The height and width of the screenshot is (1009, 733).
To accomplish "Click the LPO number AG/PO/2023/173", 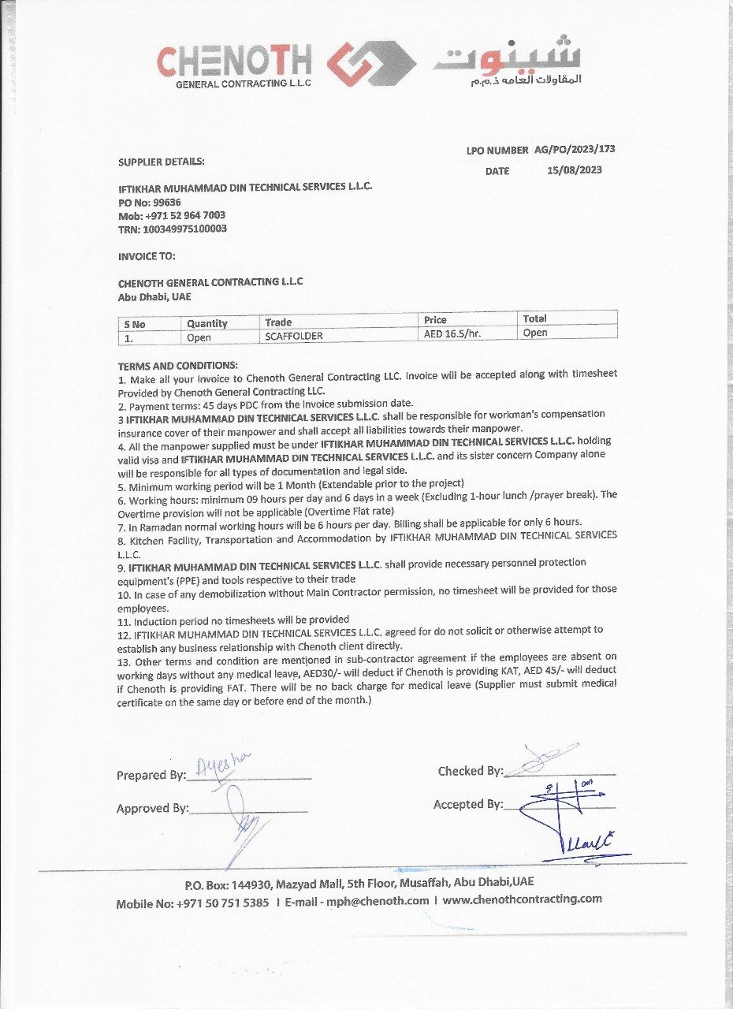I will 575,150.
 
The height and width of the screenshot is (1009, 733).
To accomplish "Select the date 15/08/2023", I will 574,170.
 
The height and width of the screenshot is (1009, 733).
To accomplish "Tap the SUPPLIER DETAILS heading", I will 161,162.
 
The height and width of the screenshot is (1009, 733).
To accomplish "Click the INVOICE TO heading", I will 147,256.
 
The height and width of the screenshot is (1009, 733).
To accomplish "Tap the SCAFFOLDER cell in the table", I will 294,336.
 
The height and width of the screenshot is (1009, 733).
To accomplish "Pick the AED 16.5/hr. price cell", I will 452,333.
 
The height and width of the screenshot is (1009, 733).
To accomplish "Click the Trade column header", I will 278,322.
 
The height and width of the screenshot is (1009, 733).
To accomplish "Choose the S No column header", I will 134,324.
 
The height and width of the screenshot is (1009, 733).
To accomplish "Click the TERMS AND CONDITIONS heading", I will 177,366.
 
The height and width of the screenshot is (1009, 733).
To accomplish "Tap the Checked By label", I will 470,771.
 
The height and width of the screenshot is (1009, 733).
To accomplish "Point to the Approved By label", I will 152,808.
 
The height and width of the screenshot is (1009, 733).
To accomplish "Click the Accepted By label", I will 467,804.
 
